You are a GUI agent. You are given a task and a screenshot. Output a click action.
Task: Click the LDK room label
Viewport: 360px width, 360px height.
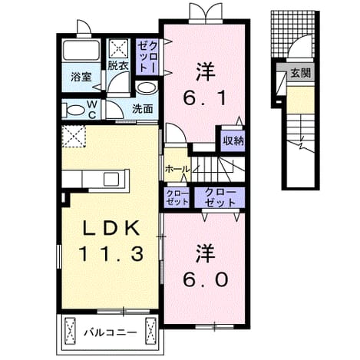click(111, 228)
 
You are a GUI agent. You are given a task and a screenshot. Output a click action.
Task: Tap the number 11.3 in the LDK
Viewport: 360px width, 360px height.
click(111, 253)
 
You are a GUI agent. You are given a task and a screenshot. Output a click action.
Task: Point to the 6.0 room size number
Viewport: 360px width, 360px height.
click(205, 279)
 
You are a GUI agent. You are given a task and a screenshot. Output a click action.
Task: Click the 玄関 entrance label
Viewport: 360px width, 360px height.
click(300, 73)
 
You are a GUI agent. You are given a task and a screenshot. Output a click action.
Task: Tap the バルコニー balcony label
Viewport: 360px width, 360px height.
click(111, 332)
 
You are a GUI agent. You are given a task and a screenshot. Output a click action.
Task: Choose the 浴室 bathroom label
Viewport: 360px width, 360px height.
click(81, 77)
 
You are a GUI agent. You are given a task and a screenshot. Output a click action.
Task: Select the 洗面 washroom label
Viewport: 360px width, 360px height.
click(143, 109)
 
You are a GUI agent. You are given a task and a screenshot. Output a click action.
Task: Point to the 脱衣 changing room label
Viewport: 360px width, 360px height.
click(117, 65)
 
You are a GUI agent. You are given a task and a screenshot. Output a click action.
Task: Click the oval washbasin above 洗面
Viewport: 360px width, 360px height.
click(147, 88)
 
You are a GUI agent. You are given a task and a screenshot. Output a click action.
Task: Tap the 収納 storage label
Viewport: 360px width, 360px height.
click(233, 140)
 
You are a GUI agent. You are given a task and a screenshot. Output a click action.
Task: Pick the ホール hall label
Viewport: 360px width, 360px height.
click(177, 169)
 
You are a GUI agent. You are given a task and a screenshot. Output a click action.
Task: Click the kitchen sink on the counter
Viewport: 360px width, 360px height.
click(111, 179)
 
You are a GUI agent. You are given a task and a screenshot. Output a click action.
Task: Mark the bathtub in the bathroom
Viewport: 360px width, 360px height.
click(81, 50)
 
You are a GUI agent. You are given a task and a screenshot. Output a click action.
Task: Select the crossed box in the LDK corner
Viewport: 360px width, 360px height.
click(74, 137)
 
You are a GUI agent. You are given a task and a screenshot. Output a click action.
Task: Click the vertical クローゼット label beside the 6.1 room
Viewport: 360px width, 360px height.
click(147, 57)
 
